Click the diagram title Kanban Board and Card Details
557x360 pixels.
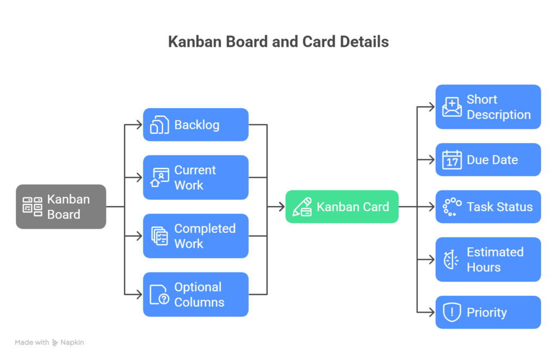click(278, 42)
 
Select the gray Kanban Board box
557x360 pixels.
click(61, 207)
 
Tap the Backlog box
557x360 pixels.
click(196, 125)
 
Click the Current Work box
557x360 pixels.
click(196, 177)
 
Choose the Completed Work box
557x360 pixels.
click(196, 236)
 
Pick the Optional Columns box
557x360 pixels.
click(196, 294)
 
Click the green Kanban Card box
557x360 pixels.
click(342, 207)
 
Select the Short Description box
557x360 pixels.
click(488, 107)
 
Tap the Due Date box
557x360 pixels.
click(488, 160)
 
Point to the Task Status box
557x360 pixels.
click(488, 207)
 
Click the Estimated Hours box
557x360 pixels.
click(488, 259)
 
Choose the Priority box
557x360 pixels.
click(488, 312)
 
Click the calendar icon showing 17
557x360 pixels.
click(451, 160)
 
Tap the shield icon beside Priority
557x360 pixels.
click(451, 312)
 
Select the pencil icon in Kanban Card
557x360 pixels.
click(302, 207)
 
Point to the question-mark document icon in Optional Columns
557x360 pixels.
click(159, 295)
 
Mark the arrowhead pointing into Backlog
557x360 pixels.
click(139, 125)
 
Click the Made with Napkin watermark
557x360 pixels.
click(49, 343)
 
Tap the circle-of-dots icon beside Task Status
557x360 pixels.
click(451, 207)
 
